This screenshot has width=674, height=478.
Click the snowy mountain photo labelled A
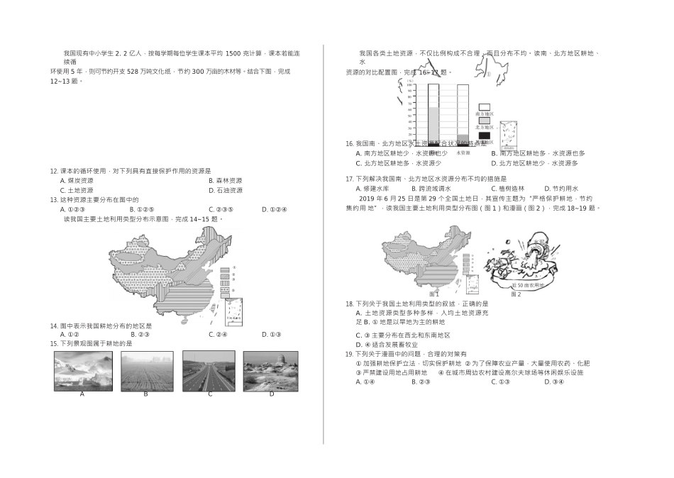tap(82, 370)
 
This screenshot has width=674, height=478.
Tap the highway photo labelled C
tap(209, 370)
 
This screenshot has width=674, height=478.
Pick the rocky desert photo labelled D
tap(270, 370)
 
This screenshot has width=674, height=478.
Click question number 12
tap(53, 171)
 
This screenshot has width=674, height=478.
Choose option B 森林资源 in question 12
tap(225, 181)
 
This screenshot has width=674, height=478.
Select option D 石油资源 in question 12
tap(225, 190)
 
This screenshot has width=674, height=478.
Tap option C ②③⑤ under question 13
tap(221, 209)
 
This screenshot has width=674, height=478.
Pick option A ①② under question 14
tap(69, 335)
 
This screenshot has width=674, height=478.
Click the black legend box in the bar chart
tap(485, 135)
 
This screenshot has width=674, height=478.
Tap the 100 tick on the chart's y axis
tap(410, 86)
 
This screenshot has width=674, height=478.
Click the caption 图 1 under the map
tap(434, 294)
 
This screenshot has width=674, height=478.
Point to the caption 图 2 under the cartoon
tap(516, 294)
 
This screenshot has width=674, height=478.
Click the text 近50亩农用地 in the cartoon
tap(529, 284)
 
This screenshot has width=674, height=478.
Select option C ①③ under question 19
tap(500, 382)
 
